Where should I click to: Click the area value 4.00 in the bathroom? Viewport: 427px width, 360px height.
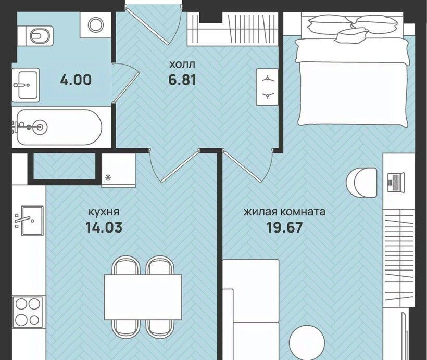pos(76,80)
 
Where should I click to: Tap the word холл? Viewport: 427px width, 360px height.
pos(182,65)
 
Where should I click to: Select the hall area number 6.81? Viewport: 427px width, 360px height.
pos(182,80)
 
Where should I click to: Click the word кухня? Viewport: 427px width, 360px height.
pos(104,212)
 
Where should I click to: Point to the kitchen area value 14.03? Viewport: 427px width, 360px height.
pos(104,227)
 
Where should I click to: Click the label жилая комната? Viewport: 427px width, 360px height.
pos(284,212)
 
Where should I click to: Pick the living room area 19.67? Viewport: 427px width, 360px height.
pos(284,227)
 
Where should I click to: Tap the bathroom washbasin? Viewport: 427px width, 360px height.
pos(26,85)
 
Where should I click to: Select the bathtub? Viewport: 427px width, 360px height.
pos(59,127)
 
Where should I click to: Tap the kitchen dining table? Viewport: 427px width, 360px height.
pos(143,297)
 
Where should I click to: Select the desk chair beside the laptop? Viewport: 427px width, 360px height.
pos(361,182)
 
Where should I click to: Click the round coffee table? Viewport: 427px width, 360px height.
pos(307,342)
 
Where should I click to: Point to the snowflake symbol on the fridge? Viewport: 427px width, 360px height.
pos(108,178)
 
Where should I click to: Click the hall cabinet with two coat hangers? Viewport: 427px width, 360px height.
pos(267,87)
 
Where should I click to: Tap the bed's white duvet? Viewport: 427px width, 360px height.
pos(353,82)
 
